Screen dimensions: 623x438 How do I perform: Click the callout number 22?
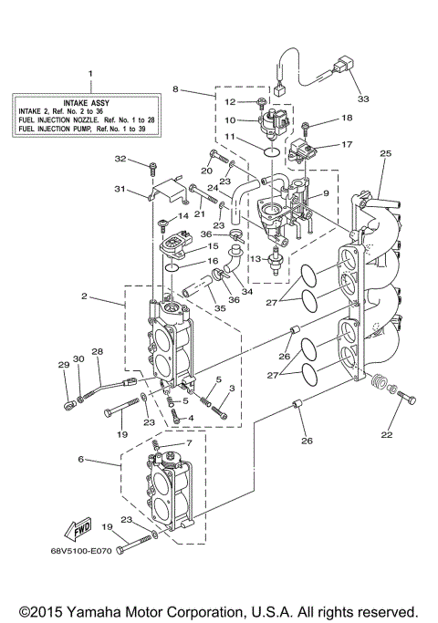coord(387,434)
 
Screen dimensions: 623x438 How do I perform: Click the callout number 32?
coord(144,160)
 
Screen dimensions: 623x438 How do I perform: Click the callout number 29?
coord(64,366)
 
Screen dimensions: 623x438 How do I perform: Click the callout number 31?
coord(118,189)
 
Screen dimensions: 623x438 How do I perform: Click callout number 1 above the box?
coord(89,73)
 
